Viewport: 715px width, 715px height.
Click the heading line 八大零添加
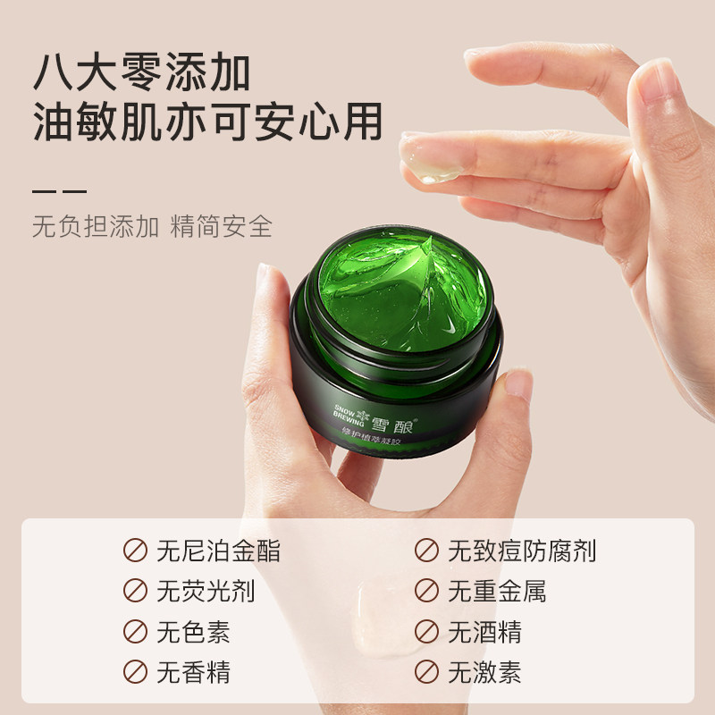click(141, 73)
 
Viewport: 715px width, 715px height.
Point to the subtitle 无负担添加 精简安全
click(152, 225)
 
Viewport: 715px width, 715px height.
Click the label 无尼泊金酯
click(218, 551)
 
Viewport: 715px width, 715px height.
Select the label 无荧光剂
click(206, 591)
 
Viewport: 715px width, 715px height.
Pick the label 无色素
click(193, 632)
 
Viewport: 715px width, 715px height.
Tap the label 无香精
click(193, 672)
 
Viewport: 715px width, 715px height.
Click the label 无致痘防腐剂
click(522, 551)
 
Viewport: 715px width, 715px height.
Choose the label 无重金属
click(497, 591)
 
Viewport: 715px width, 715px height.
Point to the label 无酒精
click(484, 632)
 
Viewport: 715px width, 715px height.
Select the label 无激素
click(484, 672)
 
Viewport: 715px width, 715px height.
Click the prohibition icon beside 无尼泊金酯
click(135, 551)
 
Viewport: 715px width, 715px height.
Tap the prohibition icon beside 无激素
click(426, 672)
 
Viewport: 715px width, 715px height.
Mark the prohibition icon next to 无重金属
click(426, 591)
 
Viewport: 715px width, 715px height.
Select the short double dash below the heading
click(59, 190)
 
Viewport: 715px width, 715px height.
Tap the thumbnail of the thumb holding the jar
click(517, 384)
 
